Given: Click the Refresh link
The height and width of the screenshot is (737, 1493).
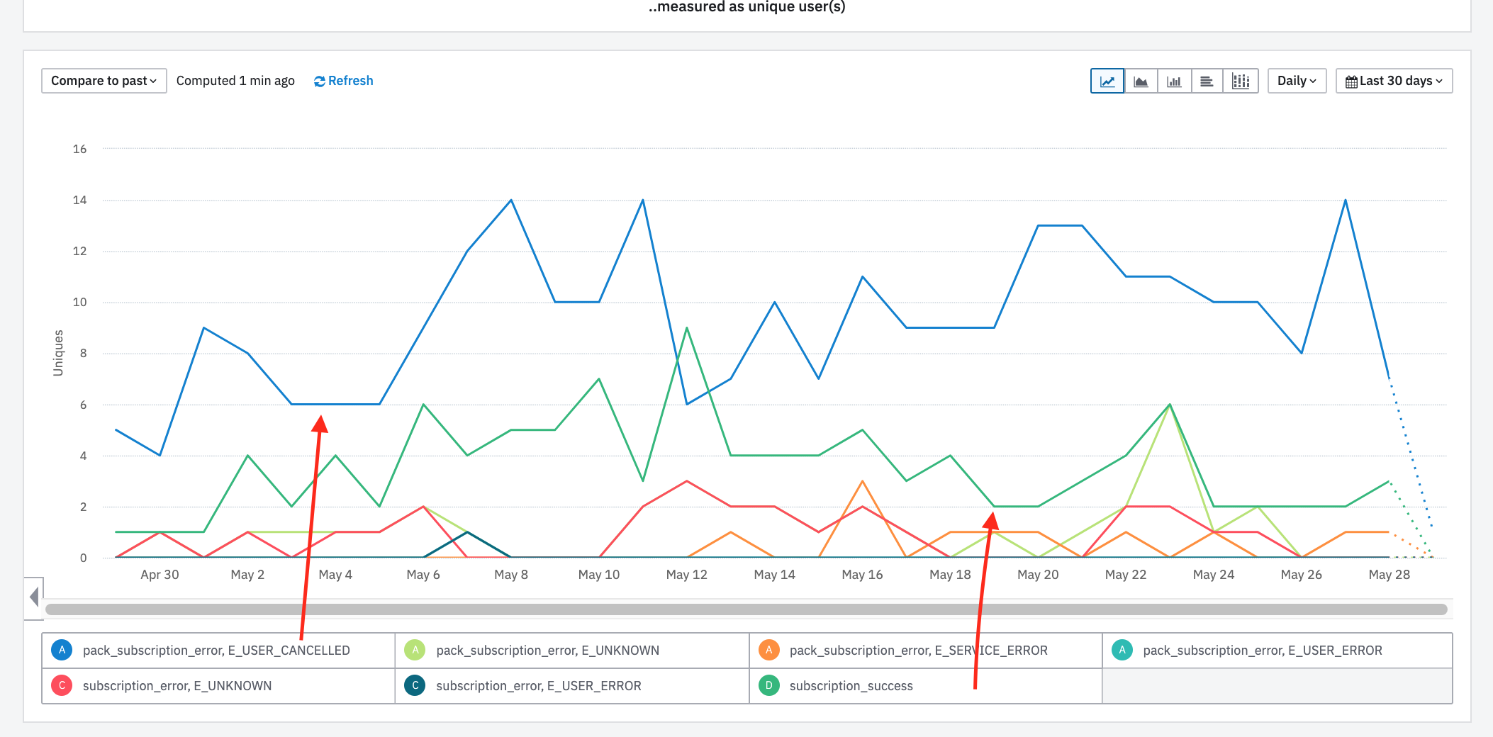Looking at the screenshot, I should click(x=344, y=81).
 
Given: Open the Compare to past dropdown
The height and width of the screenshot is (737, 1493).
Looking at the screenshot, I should click(x=104, y=81).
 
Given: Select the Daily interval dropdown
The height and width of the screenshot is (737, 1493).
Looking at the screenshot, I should click(x=1297, y=81).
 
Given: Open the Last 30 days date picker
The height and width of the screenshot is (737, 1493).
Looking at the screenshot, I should click(x=1394, y=81).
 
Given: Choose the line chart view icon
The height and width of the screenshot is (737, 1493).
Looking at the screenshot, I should click(x=1107, y=81).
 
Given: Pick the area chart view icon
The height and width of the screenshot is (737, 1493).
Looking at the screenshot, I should click(x=1141, y=81).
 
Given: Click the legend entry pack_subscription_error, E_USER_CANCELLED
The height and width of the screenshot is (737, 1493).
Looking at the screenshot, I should click(x=216, y=651).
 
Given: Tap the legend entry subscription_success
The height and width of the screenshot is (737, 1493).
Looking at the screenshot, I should click(x=851, y=686).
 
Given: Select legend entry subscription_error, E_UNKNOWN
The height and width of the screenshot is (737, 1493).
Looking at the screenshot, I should click(x=177, y=686).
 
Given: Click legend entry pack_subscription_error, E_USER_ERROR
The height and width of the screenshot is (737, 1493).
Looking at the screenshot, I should click(x=1262, y=651).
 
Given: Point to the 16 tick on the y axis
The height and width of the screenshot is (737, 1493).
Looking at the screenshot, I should click(x=80, y=149).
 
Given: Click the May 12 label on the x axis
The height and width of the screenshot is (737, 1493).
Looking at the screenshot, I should click(x=686, y=575).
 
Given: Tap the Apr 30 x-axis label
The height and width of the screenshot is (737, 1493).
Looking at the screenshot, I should click(x=160, y=575).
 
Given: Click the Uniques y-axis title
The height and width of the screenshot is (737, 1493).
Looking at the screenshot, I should click(x=58, y=353).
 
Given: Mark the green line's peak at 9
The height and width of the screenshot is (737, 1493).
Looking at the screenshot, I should click(x=687, y=328).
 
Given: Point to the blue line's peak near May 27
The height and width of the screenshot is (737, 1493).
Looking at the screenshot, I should click(x=1346, y=201).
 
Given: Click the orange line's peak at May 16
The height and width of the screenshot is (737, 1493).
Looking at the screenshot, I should click(x=863, y=482).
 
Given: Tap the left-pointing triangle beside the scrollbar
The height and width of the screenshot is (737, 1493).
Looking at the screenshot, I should click(x=34, y=597).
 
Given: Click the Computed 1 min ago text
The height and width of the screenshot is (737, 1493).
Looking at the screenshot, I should click(x=235, y=81).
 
